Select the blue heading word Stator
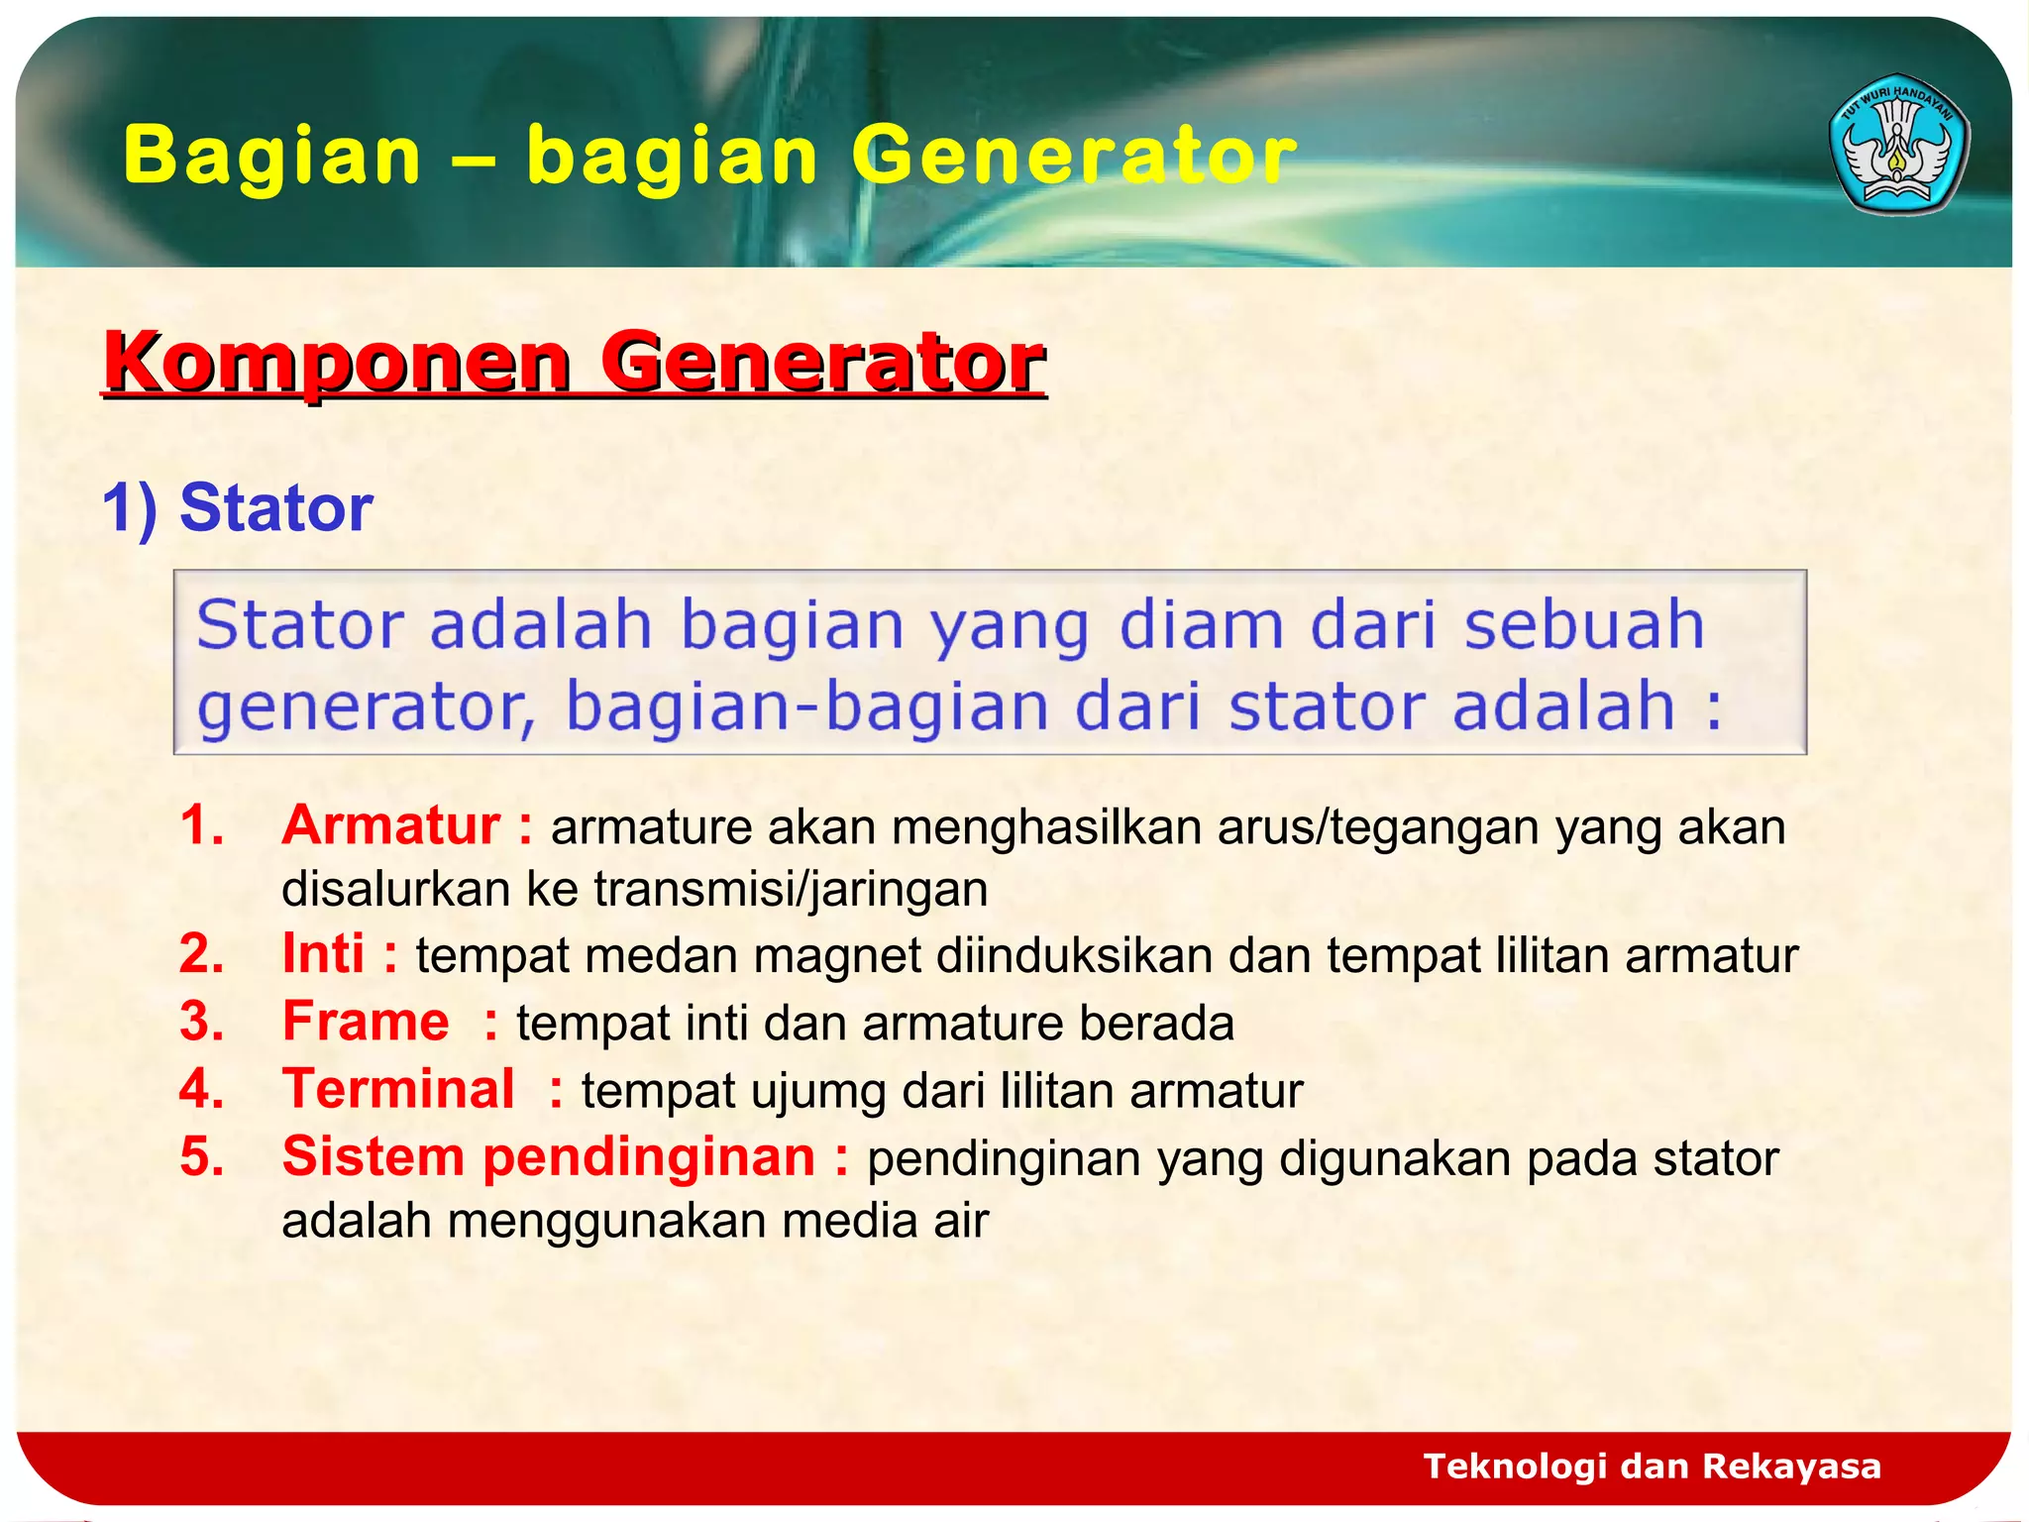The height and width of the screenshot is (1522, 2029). click(275, 508)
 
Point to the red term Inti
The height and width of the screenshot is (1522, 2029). click(324, 954)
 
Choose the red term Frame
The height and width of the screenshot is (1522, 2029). click(366, 1022)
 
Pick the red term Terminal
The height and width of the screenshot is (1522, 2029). click(398, 1089)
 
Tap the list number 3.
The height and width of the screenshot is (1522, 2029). click(201, 1022)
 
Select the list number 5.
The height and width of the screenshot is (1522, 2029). click(201, 1157)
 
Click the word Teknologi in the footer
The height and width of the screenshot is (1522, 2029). click(1514, 1466)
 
